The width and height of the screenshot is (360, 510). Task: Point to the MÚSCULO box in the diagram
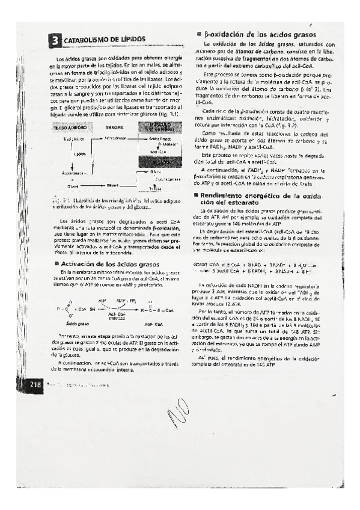(160, 128)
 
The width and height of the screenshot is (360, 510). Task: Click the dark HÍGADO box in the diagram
(160, 161)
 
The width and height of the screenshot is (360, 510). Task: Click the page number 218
(32, 384)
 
